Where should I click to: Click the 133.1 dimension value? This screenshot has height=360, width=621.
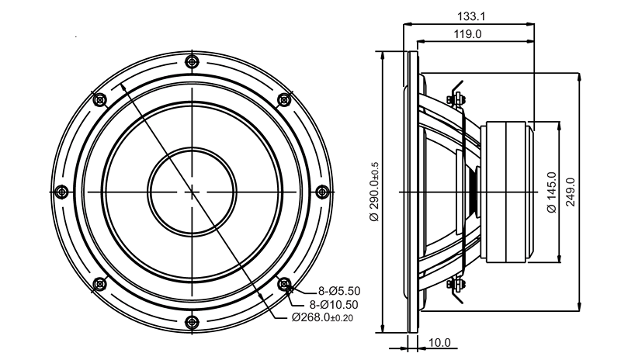(471, 16)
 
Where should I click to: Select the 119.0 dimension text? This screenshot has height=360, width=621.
(467, 34)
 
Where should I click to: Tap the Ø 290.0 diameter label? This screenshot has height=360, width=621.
(374, 192)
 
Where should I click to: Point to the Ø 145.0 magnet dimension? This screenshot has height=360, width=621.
(551, 192)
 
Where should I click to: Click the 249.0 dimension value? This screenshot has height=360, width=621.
(571, 192)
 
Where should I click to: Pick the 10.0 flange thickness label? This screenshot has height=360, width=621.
(439, 343)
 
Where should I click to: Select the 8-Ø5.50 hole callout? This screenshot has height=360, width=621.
(339, 291)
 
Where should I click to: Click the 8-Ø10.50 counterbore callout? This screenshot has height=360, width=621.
(334, 305)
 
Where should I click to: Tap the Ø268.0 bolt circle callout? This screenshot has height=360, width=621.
(322, 317)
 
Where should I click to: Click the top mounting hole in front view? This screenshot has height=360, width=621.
(192, 62)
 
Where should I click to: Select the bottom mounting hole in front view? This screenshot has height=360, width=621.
(192, 321)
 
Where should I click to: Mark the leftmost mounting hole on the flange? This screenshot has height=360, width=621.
(61, 192)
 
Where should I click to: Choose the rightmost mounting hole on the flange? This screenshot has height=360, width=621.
(322, 192)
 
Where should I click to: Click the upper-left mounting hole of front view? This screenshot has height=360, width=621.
(100, 100)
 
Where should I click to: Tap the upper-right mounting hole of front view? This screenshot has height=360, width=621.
(284, 100)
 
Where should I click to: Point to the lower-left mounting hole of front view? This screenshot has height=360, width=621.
(100, 283)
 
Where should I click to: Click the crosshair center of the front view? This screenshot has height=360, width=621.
(192, 192)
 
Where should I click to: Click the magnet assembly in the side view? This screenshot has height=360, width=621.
(508, 192)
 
